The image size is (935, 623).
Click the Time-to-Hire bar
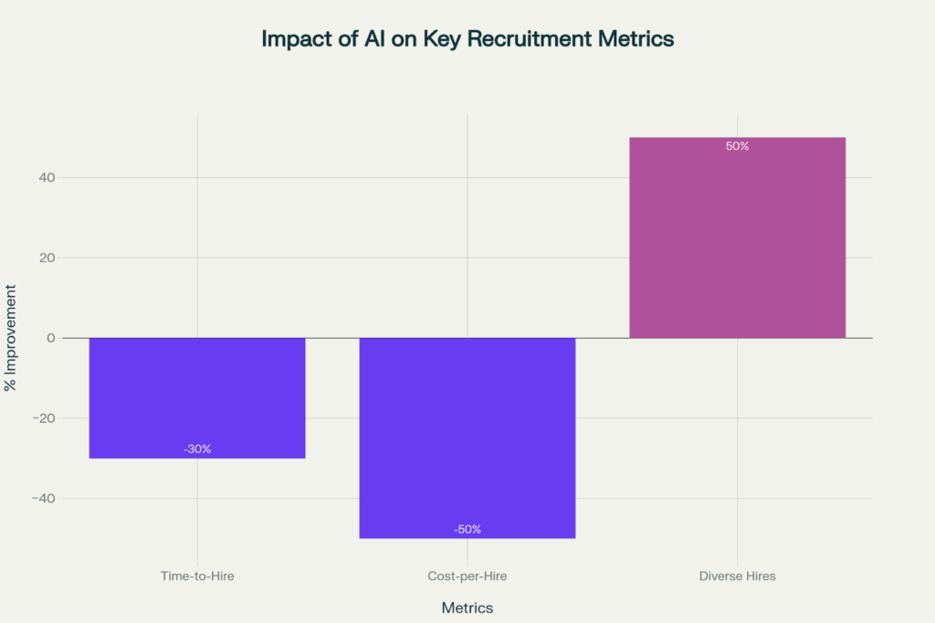197,397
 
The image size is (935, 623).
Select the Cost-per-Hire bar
467,438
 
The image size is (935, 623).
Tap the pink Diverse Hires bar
738,238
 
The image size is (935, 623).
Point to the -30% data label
197,449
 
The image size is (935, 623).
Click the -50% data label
467,529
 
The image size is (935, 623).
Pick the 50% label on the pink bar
738,146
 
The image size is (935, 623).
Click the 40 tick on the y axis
47,177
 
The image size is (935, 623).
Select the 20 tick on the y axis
47,258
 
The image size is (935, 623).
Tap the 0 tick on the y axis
51,338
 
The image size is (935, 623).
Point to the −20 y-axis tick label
43,418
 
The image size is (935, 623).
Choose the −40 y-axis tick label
43,499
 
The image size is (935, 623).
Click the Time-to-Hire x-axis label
197,576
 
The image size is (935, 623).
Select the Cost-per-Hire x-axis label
467,576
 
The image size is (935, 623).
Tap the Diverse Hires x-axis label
738,576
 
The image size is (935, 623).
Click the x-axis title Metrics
467,607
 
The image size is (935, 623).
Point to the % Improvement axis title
11,338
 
